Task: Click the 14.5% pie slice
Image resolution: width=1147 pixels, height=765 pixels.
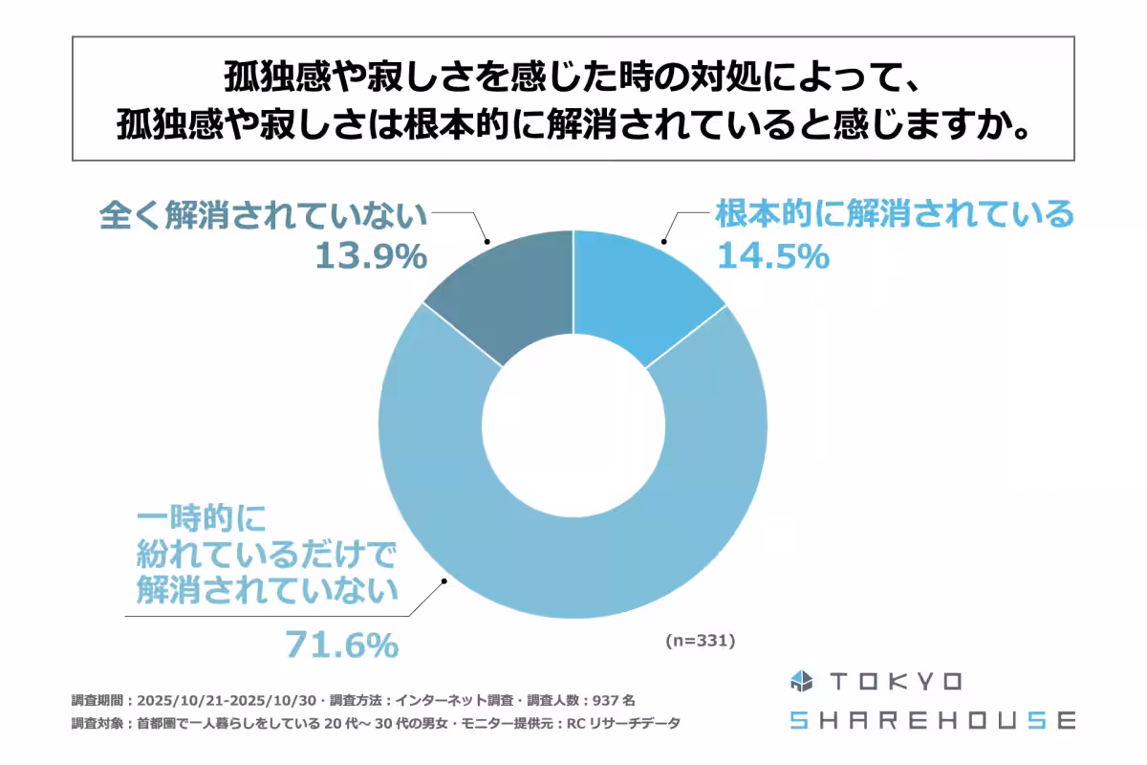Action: click(640, 287)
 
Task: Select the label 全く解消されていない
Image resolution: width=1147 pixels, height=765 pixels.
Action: click(263, 214)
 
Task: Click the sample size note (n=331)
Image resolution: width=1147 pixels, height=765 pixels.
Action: click(699, 642)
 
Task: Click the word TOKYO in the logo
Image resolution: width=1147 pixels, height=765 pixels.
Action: click(897, 681)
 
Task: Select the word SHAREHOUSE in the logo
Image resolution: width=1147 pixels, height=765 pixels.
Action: click(932, 720)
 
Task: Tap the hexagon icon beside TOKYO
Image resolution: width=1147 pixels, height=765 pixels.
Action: click(800, 681)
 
